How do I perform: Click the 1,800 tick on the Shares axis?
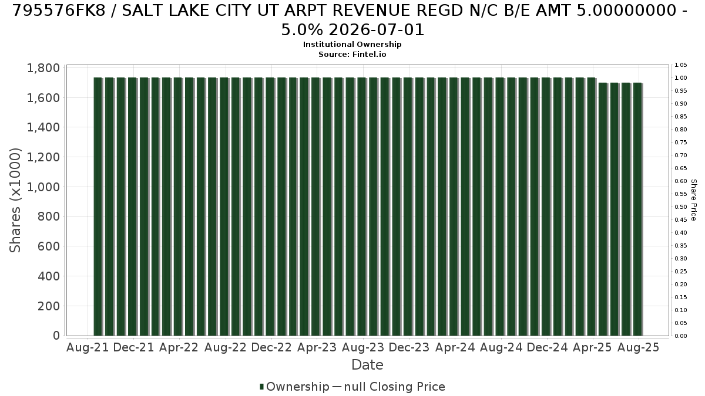click(43, 68)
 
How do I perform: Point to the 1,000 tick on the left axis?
click(43, 187)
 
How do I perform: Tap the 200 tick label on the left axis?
click(49, 306)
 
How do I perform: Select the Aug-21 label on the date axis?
click(88, 347)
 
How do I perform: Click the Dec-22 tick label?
click(271, 347)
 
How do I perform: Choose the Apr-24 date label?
click(455, 347)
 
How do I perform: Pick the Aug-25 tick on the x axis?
click(638, 347)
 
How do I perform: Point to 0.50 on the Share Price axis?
click(680, 207)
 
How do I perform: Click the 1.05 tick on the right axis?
click(680, 65)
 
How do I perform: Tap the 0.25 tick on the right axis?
click(680, 272)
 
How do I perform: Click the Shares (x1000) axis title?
click(15, 200)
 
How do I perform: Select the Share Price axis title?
click(693, 200)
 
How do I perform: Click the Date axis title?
click(367, 365)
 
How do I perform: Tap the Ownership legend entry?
click(294, 387)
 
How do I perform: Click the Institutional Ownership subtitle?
click(352, 45)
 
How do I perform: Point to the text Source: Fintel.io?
click(352, 55)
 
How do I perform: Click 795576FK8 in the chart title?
click(59, 11)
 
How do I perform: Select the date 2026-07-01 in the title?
click(377, 30)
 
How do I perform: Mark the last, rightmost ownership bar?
click(637, 209)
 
